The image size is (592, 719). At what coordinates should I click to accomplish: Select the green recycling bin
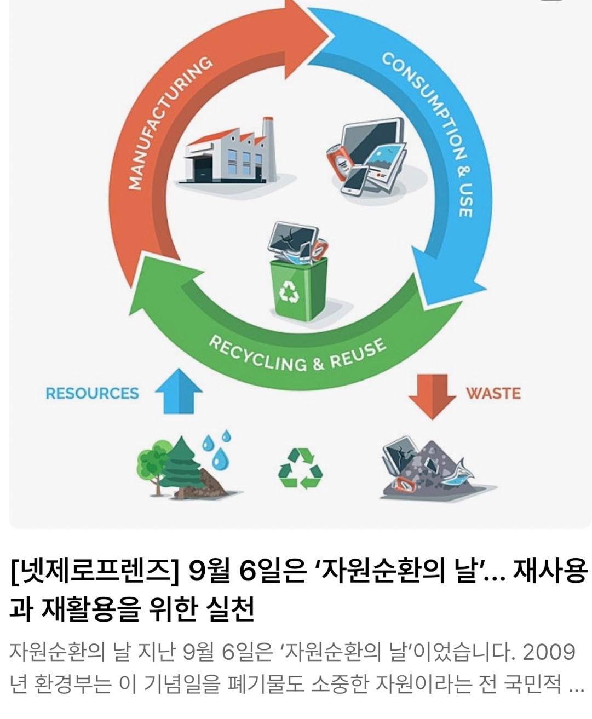pos(298,288)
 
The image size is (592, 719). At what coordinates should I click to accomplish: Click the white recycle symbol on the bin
pos(289,291)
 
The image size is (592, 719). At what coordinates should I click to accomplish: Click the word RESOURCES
pos(92,393)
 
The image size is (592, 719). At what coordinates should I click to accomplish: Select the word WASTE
pos(493,393)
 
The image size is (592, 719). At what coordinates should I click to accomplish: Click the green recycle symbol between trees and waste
pos(300,468)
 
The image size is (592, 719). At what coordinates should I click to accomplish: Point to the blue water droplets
pos(217,449)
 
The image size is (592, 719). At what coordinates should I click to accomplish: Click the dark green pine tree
pos(183,465)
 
